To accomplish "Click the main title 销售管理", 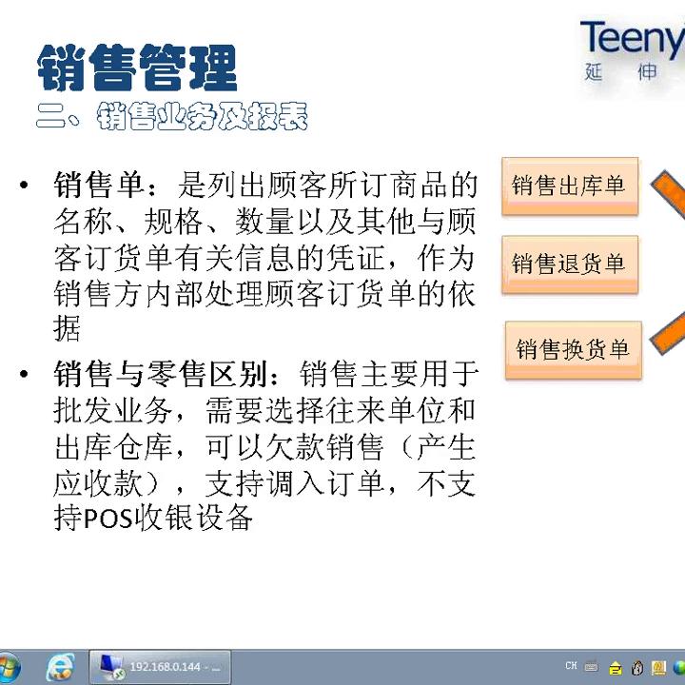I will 137,68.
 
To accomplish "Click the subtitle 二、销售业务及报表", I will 172,118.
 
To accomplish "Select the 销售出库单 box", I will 569,186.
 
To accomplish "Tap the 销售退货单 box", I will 569,264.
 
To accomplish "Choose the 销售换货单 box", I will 573,349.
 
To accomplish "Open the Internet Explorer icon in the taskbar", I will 61,667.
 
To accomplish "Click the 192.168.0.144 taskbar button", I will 162,667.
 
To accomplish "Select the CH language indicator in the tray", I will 570,666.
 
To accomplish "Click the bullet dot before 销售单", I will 25,185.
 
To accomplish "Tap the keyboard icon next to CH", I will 591,667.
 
